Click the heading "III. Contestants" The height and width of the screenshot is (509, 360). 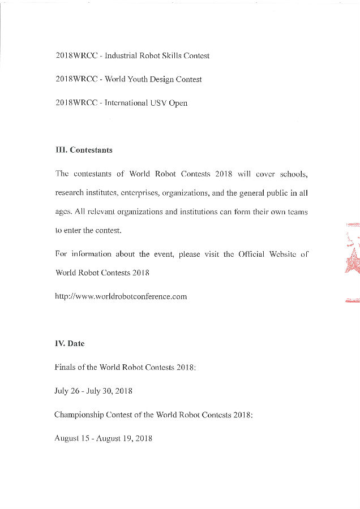pyautogui.click(x=84, y=150)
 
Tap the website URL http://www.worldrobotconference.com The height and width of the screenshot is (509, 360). pyautogui.click(x=121, y=296)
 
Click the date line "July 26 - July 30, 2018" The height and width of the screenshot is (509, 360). pyautogui.click(x=93, y=391)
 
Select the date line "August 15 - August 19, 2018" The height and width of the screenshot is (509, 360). pyautogui.click(x=104, y=438)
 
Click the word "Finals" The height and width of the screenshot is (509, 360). pyautogui.click(x=65, y=367)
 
